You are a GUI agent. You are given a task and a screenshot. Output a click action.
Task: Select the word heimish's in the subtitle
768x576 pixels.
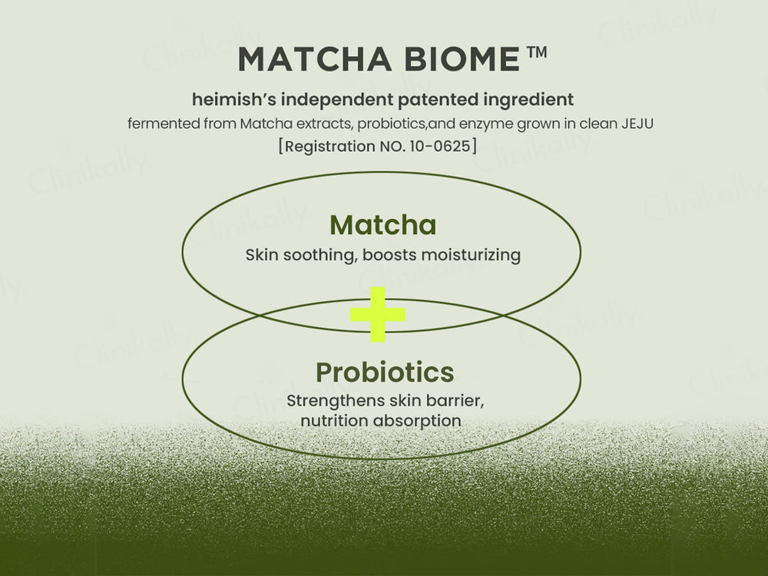coord(228,100)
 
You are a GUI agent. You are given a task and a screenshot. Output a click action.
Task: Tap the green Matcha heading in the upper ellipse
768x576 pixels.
coord(382,225)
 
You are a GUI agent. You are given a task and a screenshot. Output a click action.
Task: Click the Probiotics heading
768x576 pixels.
coord(384,372)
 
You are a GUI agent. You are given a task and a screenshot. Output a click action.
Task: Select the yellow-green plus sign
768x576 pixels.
coord(377,314)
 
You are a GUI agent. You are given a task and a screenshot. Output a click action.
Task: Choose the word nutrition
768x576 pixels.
coord(333,421)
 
